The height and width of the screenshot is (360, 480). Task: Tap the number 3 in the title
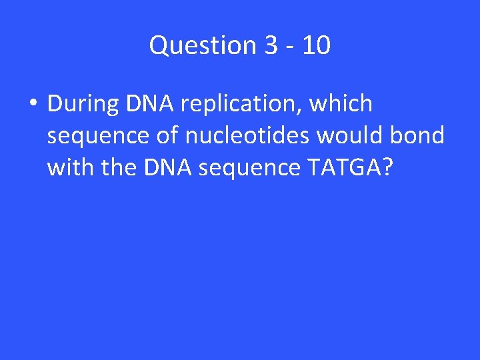click(x=271, y=46)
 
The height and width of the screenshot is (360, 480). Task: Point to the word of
click(x=165, y=136)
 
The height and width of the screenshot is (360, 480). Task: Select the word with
click(x=70, y=168)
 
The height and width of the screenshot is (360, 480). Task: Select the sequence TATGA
click(x=345, y=168)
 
